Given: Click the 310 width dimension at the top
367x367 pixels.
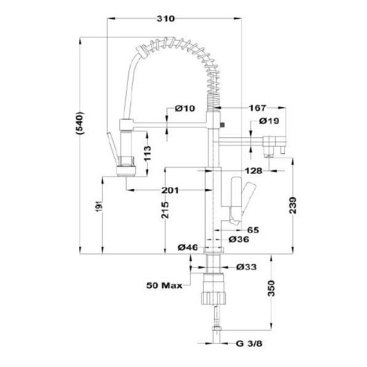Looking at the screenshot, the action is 165,19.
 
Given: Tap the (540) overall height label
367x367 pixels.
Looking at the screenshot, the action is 80,123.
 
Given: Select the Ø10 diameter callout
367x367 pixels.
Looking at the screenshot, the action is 185,108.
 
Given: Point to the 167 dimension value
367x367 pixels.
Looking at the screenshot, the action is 257,108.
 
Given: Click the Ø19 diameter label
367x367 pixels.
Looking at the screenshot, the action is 269,120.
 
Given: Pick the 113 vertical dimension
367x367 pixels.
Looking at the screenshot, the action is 147,153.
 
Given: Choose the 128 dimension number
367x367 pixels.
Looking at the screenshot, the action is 253,171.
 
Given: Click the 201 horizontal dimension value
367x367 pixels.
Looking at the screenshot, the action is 170,190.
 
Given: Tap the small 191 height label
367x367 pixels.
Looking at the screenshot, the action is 100,206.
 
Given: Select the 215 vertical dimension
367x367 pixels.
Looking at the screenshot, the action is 165,211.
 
